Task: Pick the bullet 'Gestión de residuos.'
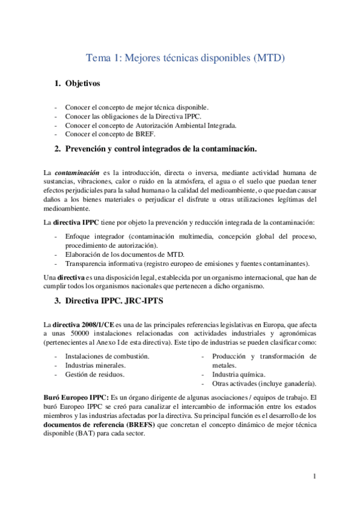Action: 94,374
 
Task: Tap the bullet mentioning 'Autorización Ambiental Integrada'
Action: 151,125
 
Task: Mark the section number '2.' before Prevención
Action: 58,148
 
